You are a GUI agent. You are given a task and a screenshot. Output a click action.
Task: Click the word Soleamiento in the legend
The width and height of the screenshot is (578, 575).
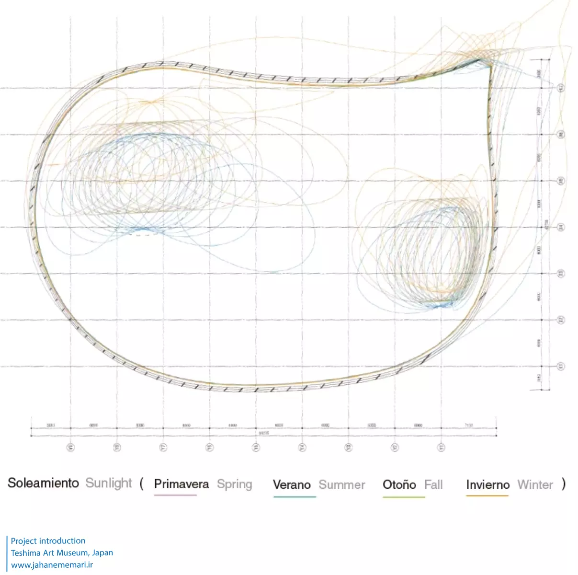[43, 483]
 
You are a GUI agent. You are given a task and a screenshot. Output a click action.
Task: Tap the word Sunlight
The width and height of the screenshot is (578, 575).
[108, 483]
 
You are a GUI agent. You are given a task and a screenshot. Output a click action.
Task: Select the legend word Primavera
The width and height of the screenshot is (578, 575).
[181, 484]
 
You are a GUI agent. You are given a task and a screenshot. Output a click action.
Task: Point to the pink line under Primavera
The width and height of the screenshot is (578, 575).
[175, 495]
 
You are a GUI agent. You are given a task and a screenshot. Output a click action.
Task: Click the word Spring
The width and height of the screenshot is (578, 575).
[234, 484]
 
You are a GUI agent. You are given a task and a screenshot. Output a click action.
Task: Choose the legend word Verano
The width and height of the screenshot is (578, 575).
[292, 484]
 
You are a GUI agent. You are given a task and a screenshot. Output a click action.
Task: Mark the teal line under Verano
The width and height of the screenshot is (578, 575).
[295, 497]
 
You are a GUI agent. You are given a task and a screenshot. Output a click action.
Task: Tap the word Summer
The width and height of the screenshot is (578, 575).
[342, 484]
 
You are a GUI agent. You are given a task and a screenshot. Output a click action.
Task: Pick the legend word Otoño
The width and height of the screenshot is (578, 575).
[399, 484]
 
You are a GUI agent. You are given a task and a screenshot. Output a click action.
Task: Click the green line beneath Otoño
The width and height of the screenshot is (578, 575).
[404, 497]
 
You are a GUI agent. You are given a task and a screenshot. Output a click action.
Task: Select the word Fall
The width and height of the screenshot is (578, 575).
[433, 484]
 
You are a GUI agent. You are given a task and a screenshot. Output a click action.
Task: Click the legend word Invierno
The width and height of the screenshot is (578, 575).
[487, 484]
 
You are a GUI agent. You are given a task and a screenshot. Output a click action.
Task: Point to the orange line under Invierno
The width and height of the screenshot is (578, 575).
[487, 496]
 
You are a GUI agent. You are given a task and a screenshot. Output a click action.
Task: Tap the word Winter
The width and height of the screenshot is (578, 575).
[535, 484]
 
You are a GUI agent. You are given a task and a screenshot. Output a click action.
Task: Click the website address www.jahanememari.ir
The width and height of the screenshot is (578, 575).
[52, 565]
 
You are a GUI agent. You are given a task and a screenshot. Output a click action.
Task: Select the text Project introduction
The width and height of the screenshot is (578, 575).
[48, 540]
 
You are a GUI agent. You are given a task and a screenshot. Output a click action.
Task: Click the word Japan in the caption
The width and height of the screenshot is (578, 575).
[102, 552]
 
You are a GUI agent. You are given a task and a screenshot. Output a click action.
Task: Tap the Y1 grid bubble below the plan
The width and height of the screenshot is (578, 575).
[441, 448]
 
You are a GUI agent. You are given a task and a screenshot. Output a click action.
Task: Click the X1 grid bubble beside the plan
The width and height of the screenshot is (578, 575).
[561, 367]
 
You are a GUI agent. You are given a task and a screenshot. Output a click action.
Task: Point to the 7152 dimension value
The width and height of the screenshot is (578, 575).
[468, 425]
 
